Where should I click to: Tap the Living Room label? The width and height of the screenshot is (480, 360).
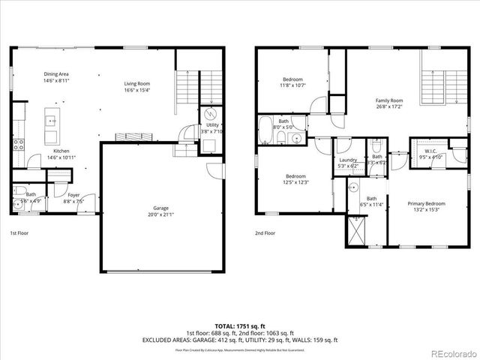[137, 86]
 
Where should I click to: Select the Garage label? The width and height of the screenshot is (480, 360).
[160, 211]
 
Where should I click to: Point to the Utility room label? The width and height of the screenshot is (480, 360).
[213, 128]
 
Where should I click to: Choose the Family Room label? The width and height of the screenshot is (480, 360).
[389, 103]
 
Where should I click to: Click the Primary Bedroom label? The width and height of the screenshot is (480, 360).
[426, 206]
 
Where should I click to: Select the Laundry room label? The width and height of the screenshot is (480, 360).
[347, 163]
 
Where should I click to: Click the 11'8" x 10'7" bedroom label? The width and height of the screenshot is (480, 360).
[292, 82]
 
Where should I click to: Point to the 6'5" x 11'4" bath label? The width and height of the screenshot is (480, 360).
[372, 201]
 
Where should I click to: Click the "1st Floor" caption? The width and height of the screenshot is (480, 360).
[21, 233]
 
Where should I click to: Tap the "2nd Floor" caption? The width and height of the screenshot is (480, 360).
[265, 233]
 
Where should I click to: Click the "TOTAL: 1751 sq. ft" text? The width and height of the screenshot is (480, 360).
[240, 325]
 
